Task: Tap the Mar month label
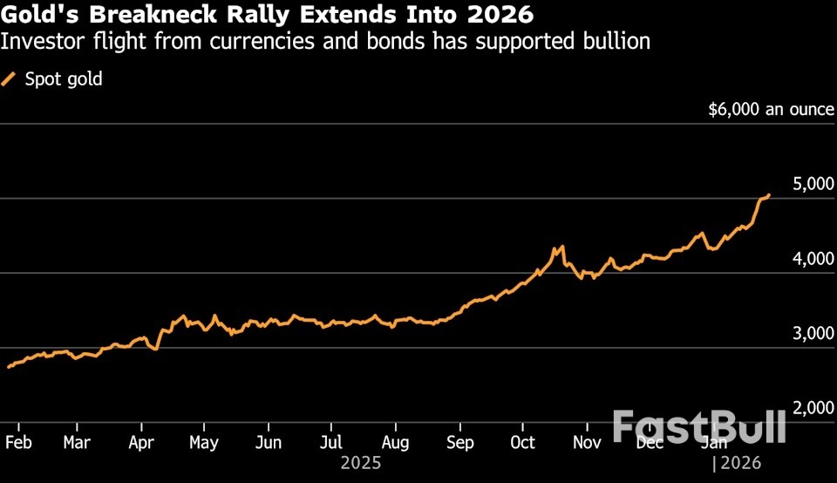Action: pyautogui.click(x=77, y=441)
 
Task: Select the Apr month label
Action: pyautogui.click(x=140, y=441)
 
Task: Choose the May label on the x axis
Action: pyautogui.click(x=203, y=441)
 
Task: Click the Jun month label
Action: pyautogui.click(x=268, y=441)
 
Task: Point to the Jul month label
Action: pyautogui.click(x=330, y=441)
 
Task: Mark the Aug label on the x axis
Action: pyautogui.click(x=395, y=441)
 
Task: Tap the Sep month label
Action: pyautogui.click(x=459, y=441)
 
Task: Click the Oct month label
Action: pyautogui.click(x=522, y=441)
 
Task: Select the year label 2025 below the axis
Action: pyautogui.click(x=361, y=463)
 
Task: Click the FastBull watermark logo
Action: pyautogui.click(x=698, y=427)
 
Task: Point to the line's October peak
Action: pyautogui.click(x=562, y=247)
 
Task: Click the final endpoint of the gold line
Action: pyautogui.click(x=769, y=194)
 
